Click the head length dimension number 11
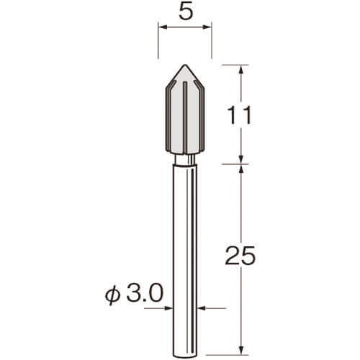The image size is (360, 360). [x=239, y=115]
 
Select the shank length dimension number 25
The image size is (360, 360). [x=240, y=256]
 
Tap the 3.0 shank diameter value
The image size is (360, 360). [x=145, y=293]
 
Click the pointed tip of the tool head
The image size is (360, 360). [x=185, y=65]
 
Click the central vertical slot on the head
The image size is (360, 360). [x=185, y=117]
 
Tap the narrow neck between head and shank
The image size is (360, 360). [x=185, y=159]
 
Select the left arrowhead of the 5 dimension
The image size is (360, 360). [x=163, y=27]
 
